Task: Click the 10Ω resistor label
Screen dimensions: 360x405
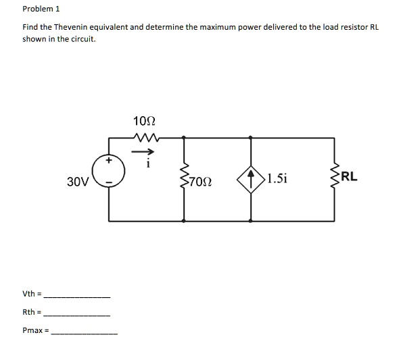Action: coord(145,122)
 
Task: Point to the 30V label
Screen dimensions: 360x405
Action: coord(78,181)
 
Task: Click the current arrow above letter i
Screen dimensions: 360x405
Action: coord(147,152)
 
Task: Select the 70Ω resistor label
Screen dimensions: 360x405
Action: coord(201,182)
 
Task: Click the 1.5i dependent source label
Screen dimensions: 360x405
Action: coord(277,179)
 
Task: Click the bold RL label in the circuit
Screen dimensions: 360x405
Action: coord(350,178)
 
